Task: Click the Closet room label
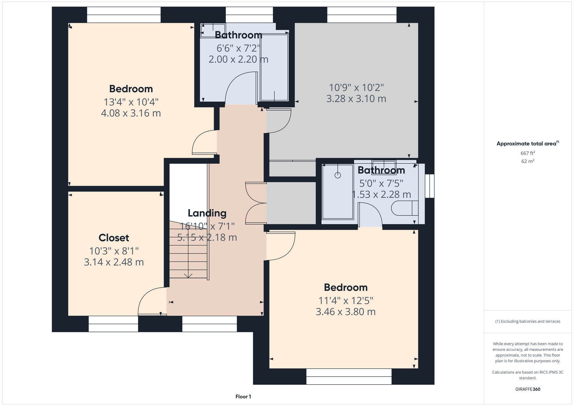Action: pos(114,238)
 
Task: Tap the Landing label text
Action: pos(207,213)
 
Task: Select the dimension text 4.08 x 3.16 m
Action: pos(131,113)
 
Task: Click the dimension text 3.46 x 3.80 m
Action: pos(346,312)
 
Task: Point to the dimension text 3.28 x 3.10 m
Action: pos(356,99)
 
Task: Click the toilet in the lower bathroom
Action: pos(405,208)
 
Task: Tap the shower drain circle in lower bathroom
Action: pos(338,175)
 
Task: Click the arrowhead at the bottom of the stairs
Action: pos(188,276)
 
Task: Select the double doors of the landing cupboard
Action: pos(255,203)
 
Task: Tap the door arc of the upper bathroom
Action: pos(240,88)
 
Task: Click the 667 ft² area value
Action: pos(528,153)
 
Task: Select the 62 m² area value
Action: pos(528,161)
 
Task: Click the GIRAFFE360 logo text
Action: pos(528,389)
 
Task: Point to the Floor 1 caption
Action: pos(243,397)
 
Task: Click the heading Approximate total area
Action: pos(528,144)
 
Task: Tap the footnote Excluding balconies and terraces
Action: pos(528,321)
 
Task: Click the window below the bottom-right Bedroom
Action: pos(349,376)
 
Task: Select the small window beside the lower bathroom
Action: pos(430,186)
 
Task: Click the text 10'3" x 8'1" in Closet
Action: pos(114,251)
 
